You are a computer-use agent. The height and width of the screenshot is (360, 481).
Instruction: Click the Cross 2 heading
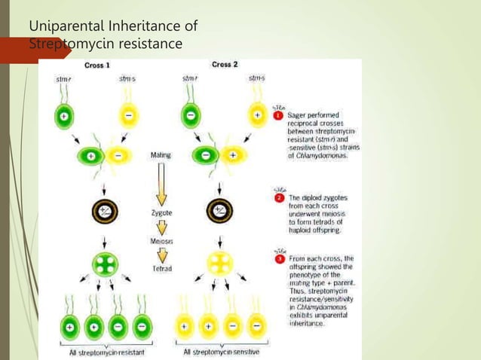(226, 65)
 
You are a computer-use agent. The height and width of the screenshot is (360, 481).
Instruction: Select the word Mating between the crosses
(161, 155)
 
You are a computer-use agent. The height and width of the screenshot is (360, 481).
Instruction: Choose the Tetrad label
(161, 266)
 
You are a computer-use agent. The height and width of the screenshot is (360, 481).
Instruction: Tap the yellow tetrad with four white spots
(220, 264)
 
